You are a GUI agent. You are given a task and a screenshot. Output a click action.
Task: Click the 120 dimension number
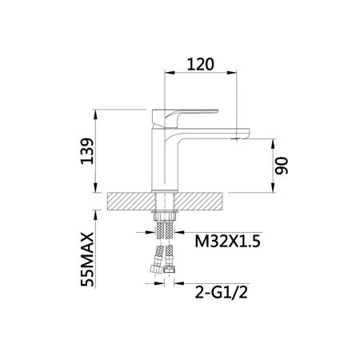click(x=200, y=64)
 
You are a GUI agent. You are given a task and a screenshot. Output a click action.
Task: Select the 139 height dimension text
click(x=87, y=151)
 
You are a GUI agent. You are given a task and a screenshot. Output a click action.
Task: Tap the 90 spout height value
click(x=282, y=166)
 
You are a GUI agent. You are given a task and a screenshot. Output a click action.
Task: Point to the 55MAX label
click(x=87, y=259)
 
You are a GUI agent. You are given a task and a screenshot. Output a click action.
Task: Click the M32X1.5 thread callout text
click(x=227, y=242)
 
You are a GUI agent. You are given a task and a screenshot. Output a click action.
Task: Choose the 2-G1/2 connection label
click(x=222, y=292)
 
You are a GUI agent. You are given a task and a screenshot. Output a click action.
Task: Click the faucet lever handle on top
click(x=185, y=118)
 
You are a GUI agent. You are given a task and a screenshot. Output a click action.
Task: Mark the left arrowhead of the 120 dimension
click(x=170, y=72)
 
